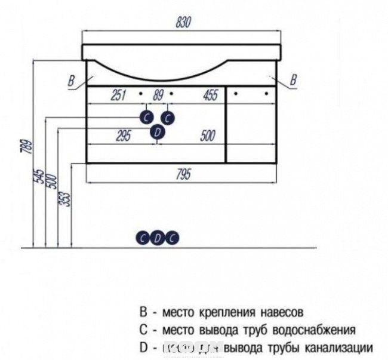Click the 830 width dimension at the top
pos(183,22)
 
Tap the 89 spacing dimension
pos(158,94)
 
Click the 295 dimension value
pos(122,136)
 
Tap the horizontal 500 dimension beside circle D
pos(207,136)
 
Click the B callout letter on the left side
pos(72,79)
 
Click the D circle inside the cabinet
pos(157,132)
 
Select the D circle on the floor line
pos(157,238)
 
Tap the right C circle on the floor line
pos(171,238)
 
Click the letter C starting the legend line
pos(143,330)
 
